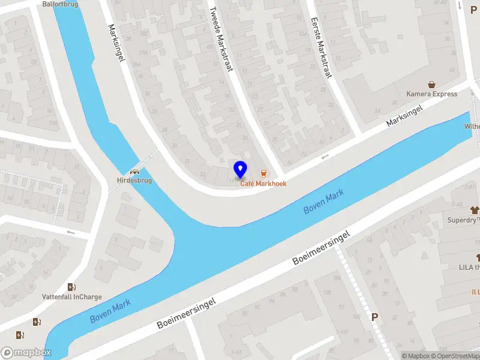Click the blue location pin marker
click(x=240, y=169)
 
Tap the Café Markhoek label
click(x=263, y=184)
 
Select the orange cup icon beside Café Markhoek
click(x=263, y=173)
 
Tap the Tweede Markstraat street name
click(x=220, y=40)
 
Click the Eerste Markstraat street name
click(x=320, y=43)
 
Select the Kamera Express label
click(x=431, y=94)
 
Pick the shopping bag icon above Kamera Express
click(x=431, y=85)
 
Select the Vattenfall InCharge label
click(x=72, y=297)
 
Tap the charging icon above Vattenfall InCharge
click(x=72, y=287)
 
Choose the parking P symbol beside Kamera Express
click(x=473, y=10)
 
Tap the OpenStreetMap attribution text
click(x=458, y=356)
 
